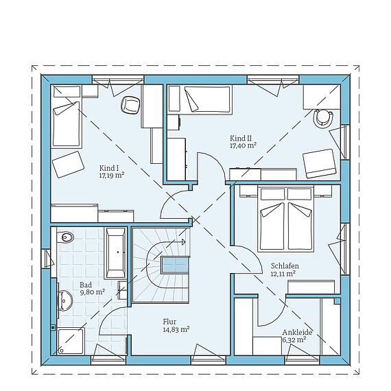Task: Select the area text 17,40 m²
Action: pyautogui.click(x=243, y=145)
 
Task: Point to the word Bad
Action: pyautogui.click(x=86, y=284)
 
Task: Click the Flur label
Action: pyautogui.click(x=169, y=321)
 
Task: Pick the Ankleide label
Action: pyautogui.click(x=297, y=332)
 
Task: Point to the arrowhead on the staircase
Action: pyautogui.click(x=183, y=241)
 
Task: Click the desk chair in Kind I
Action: pyautogui.click(x=129, y=105)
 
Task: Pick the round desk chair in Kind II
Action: pyautogui.click(x=321, y=119)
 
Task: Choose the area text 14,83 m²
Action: pyautogui.click(x=176, y=329)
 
